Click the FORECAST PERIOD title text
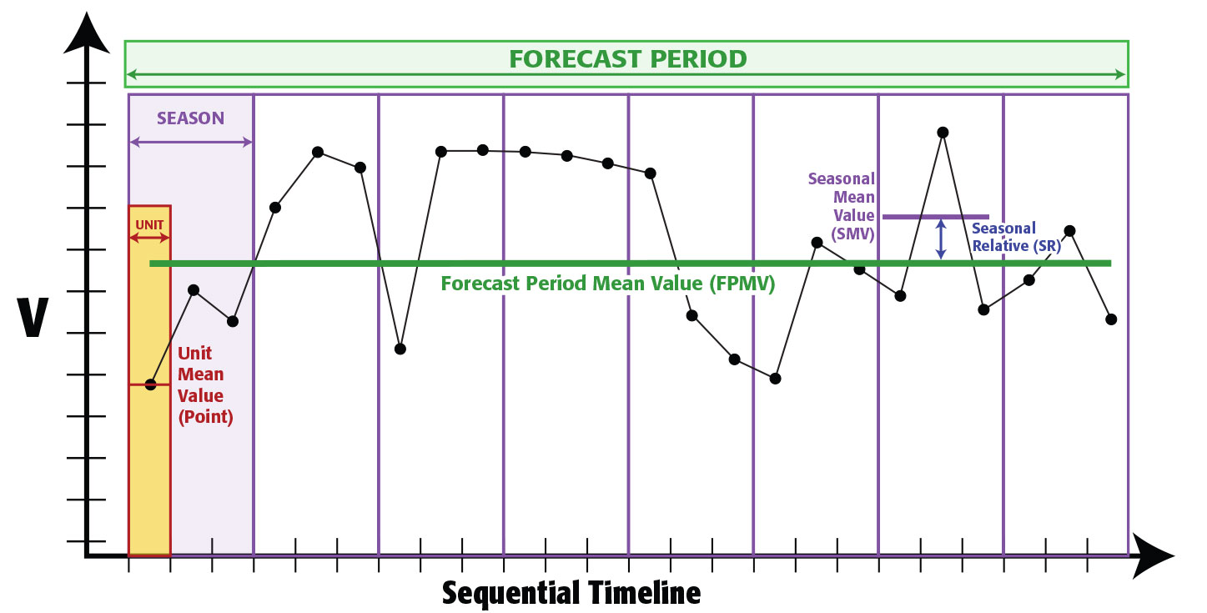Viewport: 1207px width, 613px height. [x=627, y=59]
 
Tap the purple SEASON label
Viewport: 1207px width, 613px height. [x=190, y=118]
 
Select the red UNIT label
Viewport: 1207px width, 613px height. [x=149, y=224]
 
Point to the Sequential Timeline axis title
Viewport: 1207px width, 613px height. [x=571, y=593]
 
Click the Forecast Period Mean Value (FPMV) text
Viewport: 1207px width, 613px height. [x=608, y=284]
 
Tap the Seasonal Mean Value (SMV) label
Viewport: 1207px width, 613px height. [x=841, y=206]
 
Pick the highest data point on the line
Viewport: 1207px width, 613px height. [x=942, y=133]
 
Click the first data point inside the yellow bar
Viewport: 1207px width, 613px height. [x=150, y=384]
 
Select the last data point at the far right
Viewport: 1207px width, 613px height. [x=1110, y=319]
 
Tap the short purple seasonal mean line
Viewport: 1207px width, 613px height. [x=935, y=217]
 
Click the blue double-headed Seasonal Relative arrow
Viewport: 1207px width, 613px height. [x=941, y=239]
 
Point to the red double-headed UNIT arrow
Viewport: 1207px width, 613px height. [x=149, y=239]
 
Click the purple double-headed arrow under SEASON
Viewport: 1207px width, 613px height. [x=191, y=143]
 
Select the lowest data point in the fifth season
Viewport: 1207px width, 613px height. [x=734, y=359]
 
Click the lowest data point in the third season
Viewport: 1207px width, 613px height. [x=400, y=349]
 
